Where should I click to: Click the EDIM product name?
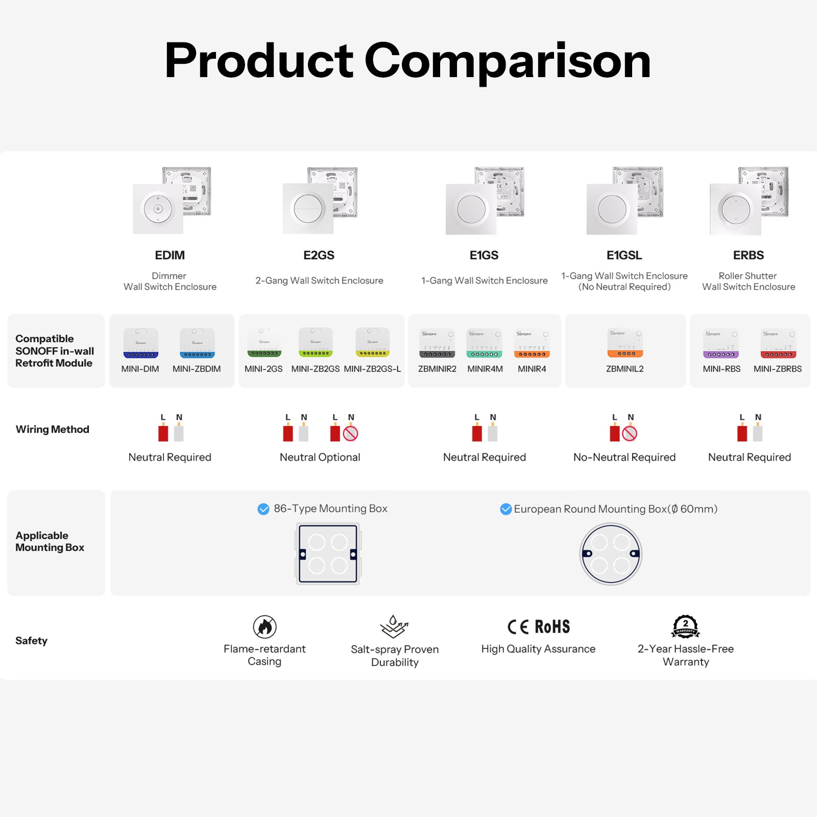170,255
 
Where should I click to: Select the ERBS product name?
749,255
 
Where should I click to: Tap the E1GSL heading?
624,255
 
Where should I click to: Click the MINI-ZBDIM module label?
197,369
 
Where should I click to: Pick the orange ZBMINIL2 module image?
625,343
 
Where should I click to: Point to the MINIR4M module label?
485,369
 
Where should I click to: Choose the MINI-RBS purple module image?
721,344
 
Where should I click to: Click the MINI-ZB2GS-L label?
372,369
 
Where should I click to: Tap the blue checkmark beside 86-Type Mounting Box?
263,509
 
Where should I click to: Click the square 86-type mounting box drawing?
328,554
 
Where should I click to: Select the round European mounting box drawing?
611,554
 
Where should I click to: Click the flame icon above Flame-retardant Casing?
265,627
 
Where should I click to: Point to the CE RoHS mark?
538,627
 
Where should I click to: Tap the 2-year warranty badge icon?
685,627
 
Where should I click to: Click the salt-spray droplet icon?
394,627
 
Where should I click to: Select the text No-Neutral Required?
624,457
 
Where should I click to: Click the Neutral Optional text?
320,457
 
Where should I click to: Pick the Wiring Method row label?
53,429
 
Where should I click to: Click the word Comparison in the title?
508,61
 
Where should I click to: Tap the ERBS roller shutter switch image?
749,201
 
